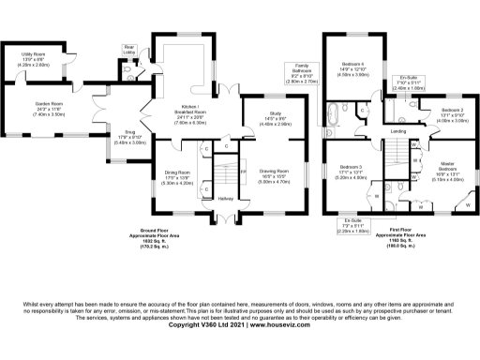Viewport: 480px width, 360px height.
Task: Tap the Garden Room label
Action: pyautogui.click(x=49, y=103)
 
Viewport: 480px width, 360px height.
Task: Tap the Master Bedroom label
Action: pyautogui.click(x=445, y=168)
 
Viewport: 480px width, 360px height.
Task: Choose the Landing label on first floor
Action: pyautogui.click(x=397, y=132)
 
